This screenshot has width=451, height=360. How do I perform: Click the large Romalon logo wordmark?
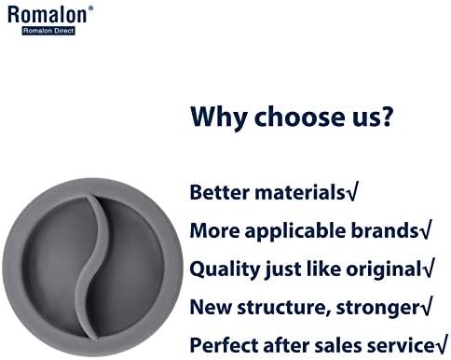[47, 15]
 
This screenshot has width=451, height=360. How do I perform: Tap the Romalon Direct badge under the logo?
[48, 31]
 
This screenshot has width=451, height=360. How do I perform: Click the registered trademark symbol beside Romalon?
[90, 7]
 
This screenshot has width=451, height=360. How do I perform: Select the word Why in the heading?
[218, 118]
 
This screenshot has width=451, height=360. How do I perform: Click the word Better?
[220, 192]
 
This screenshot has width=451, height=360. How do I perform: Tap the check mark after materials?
[352, 191]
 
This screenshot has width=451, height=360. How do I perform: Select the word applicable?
[294, 231]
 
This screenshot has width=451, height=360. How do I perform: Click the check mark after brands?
[425, 229]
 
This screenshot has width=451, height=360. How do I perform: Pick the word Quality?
[225, 270]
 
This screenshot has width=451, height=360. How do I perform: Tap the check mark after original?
[428, 268]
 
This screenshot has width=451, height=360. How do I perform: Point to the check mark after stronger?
[426, 306]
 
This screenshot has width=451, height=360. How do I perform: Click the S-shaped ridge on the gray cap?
[92, 268]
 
